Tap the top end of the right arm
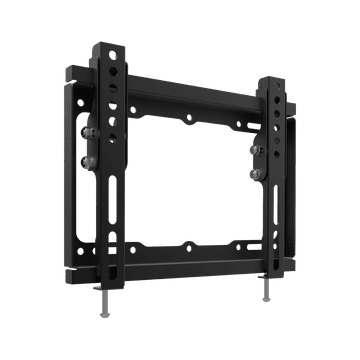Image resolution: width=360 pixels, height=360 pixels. (271, 78)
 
